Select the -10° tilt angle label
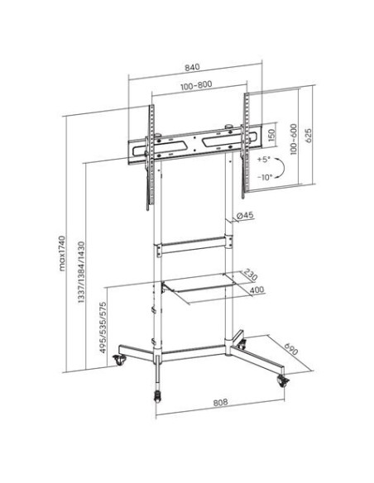pyautogui.click(x=266, y=178)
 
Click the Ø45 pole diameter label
pyautogui.click(x=245, y=217)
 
